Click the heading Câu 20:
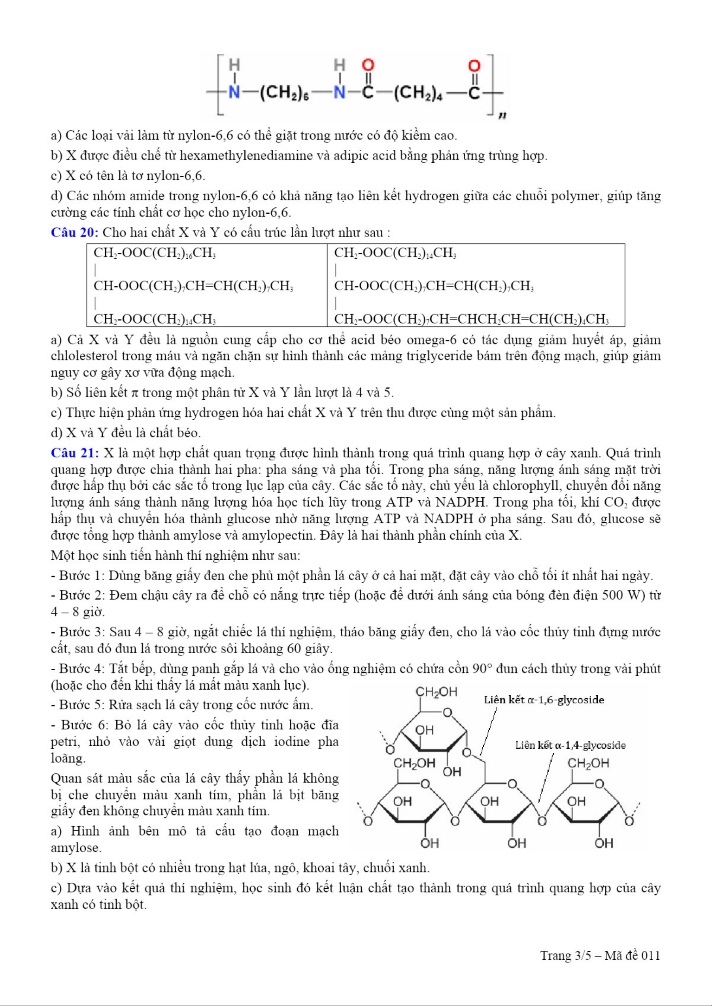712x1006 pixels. pyautogui.click(x=75, y=232)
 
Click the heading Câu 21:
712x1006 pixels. pyautogui.click(x=75, y=453)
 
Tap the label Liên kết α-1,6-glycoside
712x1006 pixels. pyautogui.click(x=544, y=700)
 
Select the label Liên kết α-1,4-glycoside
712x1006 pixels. pyautogui.click(x=570, y=745)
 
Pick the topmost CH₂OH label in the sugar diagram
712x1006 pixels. pyautogui.click(x=436, y=692)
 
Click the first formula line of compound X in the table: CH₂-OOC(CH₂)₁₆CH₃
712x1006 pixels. pyautogui.click(x=154, y=253)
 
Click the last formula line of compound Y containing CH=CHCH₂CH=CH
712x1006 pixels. pyautogui.click(x=471, y=319)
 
